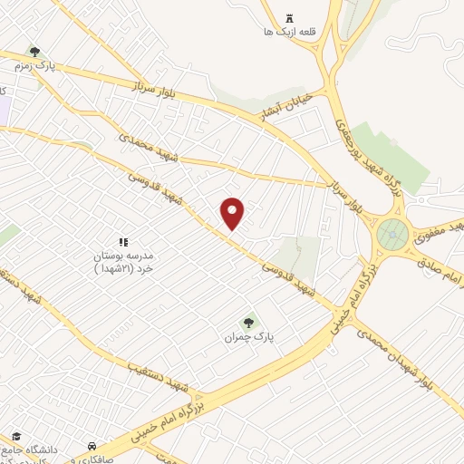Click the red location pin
233,213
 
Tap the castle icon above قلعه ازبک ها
289,18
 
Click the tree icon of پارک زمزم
34,52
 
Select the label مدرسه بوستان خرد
127,263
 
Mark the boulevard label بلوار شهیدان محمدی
407,357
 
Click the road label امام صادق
440,263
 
